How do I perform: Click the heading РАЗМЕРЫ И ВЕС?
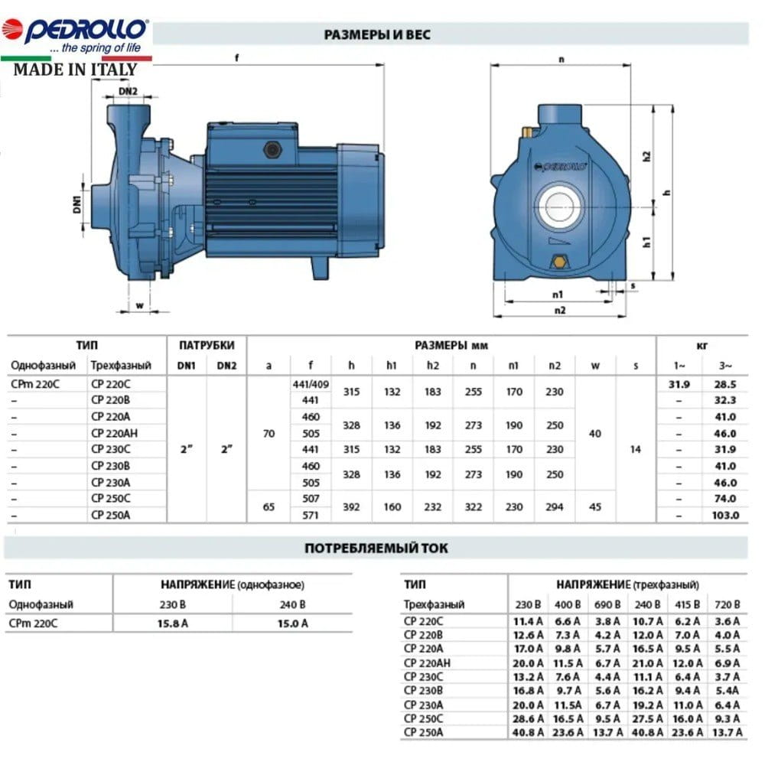click(x=377, y=34)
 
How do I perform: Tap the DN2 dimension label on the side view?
click(x=129, y=91)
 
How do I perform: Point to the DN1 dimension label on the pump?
click(x=77, y=204)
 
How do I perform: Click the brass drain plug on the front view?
click(x=559, y=262)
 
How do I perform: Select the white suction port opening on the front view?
click(x=560, y=207)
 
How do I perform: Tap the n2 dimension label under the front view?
click(x=560, y=311)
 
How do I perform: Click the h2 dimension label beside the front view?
click(x=647, y=156)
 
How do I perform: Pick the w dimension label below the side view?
click(x=140, y=305)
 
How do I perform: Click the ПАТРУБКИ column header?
click(x=207, y=346)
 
